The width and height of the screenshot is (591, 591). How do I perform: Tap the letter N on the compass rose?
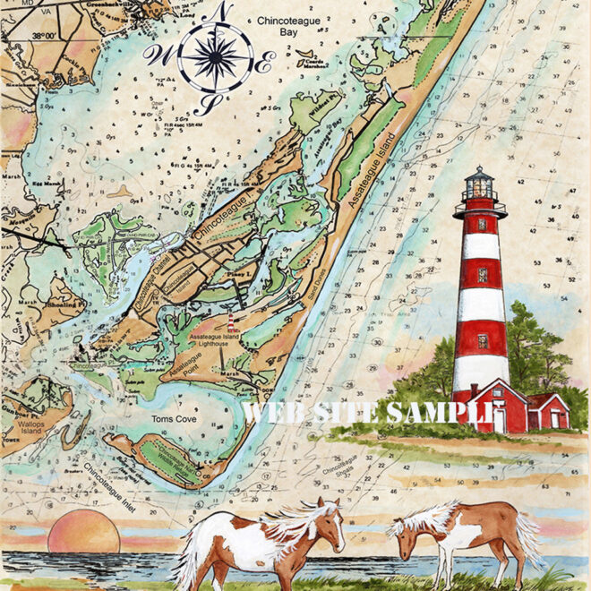(x=221, y=11)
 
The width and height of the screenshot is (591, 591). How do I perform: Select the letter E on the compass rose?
(x=266, y=64)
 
